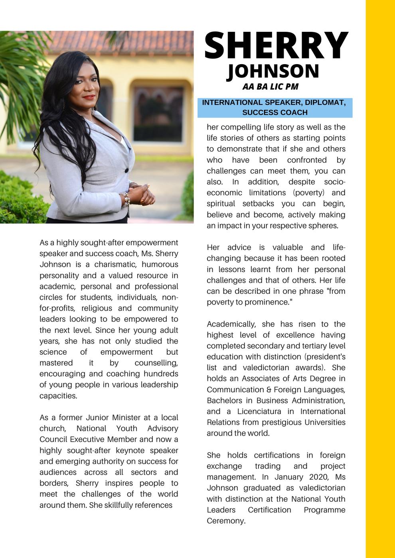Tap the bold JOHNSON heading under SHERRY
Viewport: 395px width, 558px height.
[x=273, y=71]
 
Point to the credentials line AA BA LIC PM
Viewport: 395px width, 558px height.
[x=270, y=86]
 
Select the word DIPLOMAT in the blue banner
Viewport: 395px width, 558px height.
[x=322, y=102]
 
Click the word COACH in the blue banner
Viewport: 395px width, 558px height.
[x=293, y=112]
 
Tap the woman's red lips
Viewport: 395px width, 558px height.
[x=89, y=97]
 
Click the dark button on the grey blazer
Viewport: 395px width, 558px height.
[x=126, y=170]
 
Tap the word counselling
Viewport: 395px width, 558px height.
[x=156, y=363]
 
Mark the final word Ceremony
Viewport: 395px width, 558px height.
[x=225, y=521]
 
